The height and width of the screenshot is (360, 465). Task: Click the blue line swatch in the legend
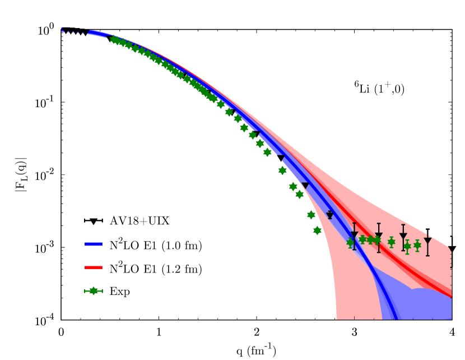click(x=94, y=244)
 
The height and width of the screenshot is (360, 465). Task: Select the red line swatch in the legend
click(x=94, y=267)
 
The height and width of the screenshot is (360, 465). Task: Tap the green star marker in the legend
click(x=93, y=291)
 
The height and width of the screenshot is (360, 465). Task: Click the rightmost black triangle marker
click(x=427, y=241)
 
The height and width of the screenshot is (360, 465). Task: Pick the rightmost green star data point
click(x=417, y=245)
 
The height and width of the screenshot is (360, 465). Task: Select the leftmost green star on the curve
click(x=114, y=40)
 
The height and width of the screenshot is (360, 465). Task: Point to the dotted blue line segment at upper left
click(x=73, y=32)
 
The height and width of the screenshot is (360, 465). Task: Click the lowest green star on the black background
click(x=317, y=230)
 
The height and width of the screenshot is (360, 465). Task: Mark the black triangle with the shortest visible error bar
click(x=330, y=215)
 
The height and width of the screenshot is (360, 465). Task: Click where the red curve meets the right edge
click(x=450, y=296)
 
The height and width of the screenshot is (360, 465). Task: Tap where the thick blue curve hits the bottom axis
click(x=397, y=319)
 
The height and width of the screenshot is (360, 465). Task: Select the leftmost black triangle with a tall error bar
click(x=354, y=235)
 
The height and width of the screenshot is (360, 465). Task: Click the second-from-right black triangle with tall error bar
click(x=403, y=237)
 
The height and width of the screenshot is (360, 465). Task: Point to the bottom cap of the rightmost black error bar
click(x=427, y=256)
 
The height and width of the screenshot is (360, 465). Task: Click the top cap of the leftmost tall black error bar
click(x=354, y=223)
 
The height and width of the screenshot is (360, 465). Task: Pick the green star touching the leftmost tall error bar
click(x=350, y=242)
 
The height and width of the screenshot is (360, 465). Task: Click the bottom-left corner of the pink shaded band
click(x=337, y=318)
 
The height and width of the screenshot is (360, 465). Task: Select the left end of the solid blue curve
click(x=89, y=33)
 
